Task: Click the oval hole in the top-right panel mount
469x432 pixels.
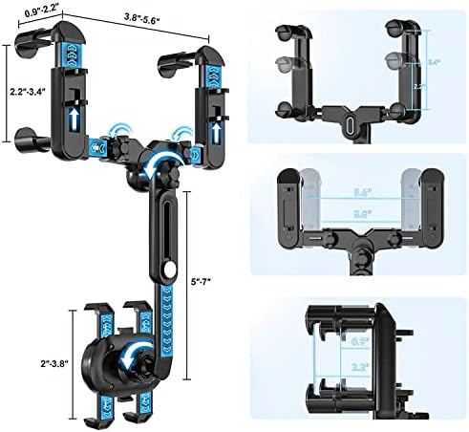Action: [x=351, y=123]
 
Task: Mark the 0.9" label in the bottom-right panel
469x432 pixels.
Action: [x=360, y=341]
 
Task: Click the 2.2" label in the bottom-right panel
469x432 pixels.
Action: [x=360, y=365]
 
